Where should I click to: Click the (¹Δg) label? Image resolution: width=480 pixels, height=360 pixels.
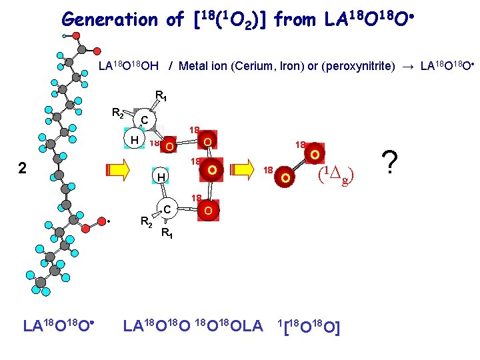(x=335, y=175)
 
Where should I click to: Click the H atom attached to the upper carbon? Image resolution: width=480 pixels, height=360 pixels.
(x=133, y=140)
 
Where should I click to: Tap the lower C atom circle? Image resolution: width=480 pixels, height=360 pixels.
(x=169, y=211)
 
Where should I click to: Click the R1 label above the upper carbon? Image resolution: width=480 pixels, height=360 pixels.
(x=161, y=95)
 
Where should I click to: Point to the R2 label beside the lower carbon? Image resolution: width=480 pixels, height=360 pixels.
(x=147, y=221)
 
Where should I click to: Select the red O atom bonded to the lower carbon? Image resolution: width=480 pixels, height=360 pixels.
(x=208, y=211)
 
